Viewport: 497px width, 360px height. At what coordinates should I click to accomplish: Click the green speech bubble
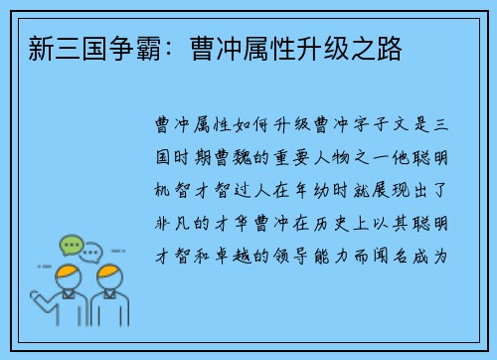click(x=71, y=244)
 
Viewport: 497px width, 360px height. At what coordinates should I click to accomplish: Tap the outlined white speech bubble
click(x=91, y=252)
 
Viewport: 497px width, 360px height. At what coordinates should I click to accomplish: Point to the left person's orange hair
click(x=68, y=273)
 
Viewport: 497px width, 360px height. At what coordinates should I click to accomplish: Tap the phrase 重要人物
click(x=337, y=157)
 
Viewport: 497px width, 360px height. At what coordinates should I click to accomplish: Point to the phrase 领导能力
click(x=337, y=256)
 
